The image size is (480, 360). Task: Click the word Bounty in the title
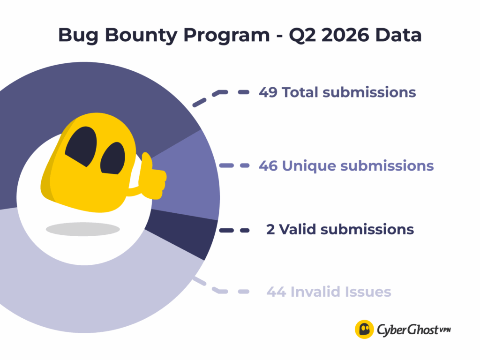[141, 36]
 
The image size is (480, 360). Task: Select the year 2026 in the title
[345, 35]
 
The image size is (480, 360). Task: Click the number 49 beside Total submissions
[268, 92]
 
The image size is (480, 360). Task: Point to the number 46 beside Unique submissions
[268, 165]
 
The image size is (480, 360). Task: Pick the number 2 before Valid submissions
[270, 229]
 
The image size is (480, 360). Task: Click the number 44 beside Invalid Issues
[277, 292]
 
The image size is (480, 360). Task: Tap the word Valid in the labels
[297, 229]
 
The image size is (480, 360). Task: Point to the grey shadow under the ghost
[82, 229]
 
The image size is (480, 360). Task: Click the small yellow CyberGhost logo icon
[364, 330]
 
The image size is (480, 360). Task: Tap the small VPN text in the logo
[445, 330]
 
